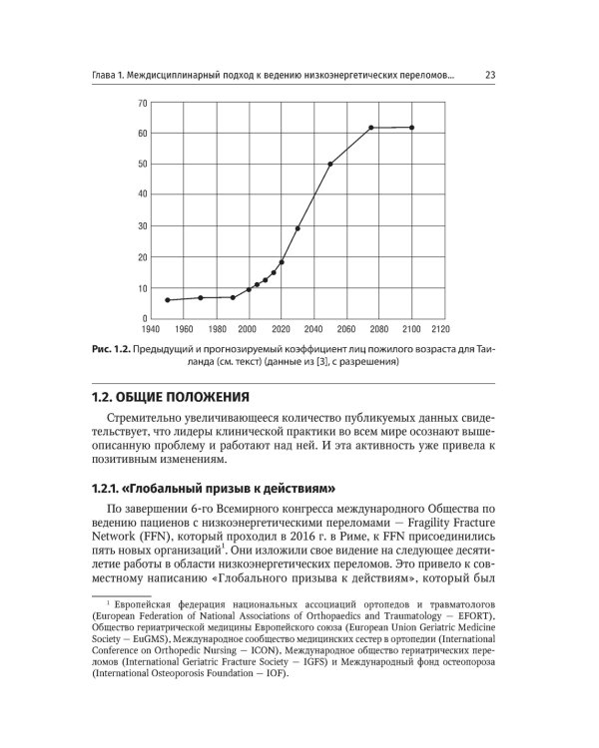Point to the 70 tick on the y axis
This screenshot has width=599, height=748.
point(143,103)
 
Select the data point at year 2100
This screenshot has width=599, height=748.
point(411,128)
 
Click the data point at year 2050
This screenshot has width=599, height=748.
point(330,164)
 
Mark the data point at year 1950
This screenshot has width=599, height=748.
point(168,300)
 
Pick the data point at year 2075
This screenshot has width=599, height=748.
point(371,128)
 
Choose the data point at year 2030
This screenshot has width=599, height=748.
point(298,228)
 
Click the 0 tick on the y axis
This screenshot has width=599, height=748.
point(146,318)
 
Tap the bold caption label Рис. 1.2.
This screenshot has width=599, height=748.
point(109,349)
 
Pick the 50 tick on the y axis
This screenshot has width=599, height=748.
point(143,165)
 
